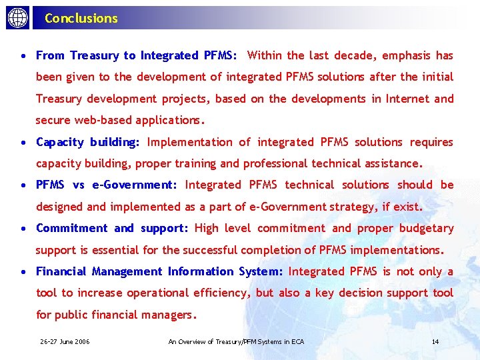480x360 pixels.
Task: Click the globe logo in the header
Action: [17, 18]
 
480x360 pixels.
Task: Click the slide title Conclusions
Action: [81, 19]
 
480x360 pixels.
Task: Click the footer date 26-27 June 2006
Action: [65, 342]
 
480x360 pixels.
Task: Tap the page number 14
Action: [435, 342]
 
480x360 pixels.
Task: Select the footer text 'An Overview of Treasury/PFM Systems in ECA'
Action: [236, 342]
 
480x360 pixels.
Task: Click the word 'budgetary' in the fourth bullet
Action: [427, 228]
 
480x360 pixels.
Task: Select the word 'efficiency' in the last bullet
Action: [215, 293]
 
